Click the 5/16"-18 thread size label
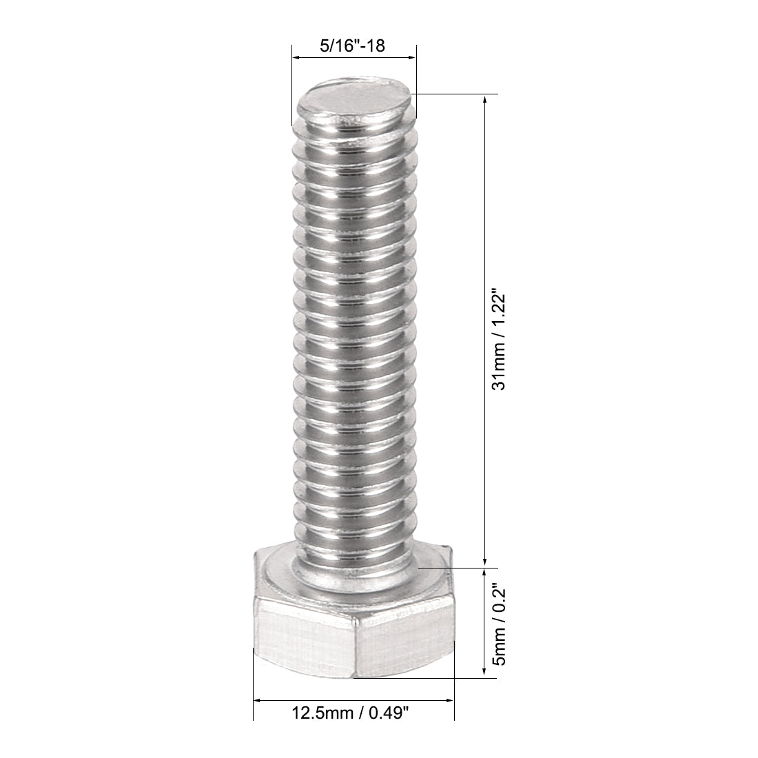[x=352, y=47]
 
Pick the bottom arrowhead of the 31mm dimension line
[x=486, y=562]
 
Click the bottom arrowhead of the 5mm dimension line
[x=486, y=673]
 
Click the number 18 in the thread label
[x=375, y=47]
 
